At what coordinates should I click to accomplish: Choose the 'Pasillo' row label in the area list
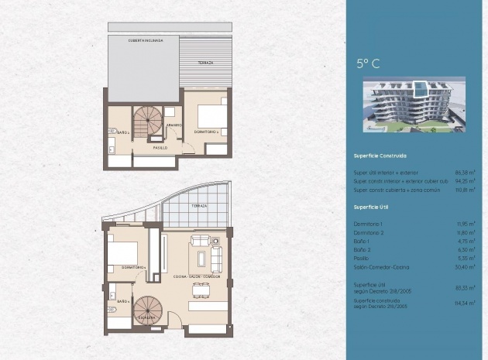[363, 259]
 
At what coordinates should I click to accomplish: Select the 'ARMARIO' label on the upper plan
[174, 125]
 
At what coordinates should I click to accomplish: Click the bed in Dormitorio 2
[210, 116]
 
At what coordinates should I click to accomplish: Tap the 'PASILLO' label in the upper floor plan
[160, 146]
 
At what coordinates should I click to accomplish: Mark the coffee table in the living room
[202, 259]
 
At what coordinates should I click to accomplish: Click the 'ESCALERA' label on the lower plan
[150, 317]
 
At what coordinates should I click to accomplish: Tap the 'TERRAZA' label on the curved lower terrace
[200, 206]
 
